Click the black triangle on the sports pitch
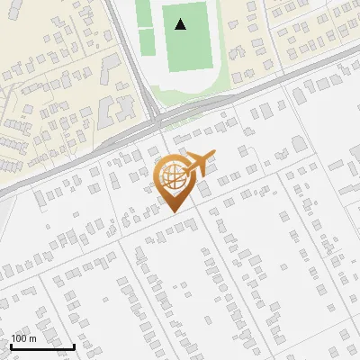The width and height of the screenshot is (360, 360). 181,24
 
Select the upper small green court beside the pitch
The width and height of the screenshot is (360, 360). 145,15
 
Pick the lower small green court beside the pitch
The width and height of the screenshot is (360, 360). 147,38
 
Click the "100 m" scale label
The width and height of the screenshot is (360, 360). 23,338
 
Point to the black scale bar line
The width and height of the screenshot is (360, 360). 42,346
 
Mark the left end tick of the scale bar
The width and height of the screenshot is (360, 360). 11,345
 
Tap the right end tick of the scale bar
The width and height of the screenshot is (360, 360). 74,345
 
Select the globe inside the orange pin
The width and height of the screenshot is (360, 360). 174,177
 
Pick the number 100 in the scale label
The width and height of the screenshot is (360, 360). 19,338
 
